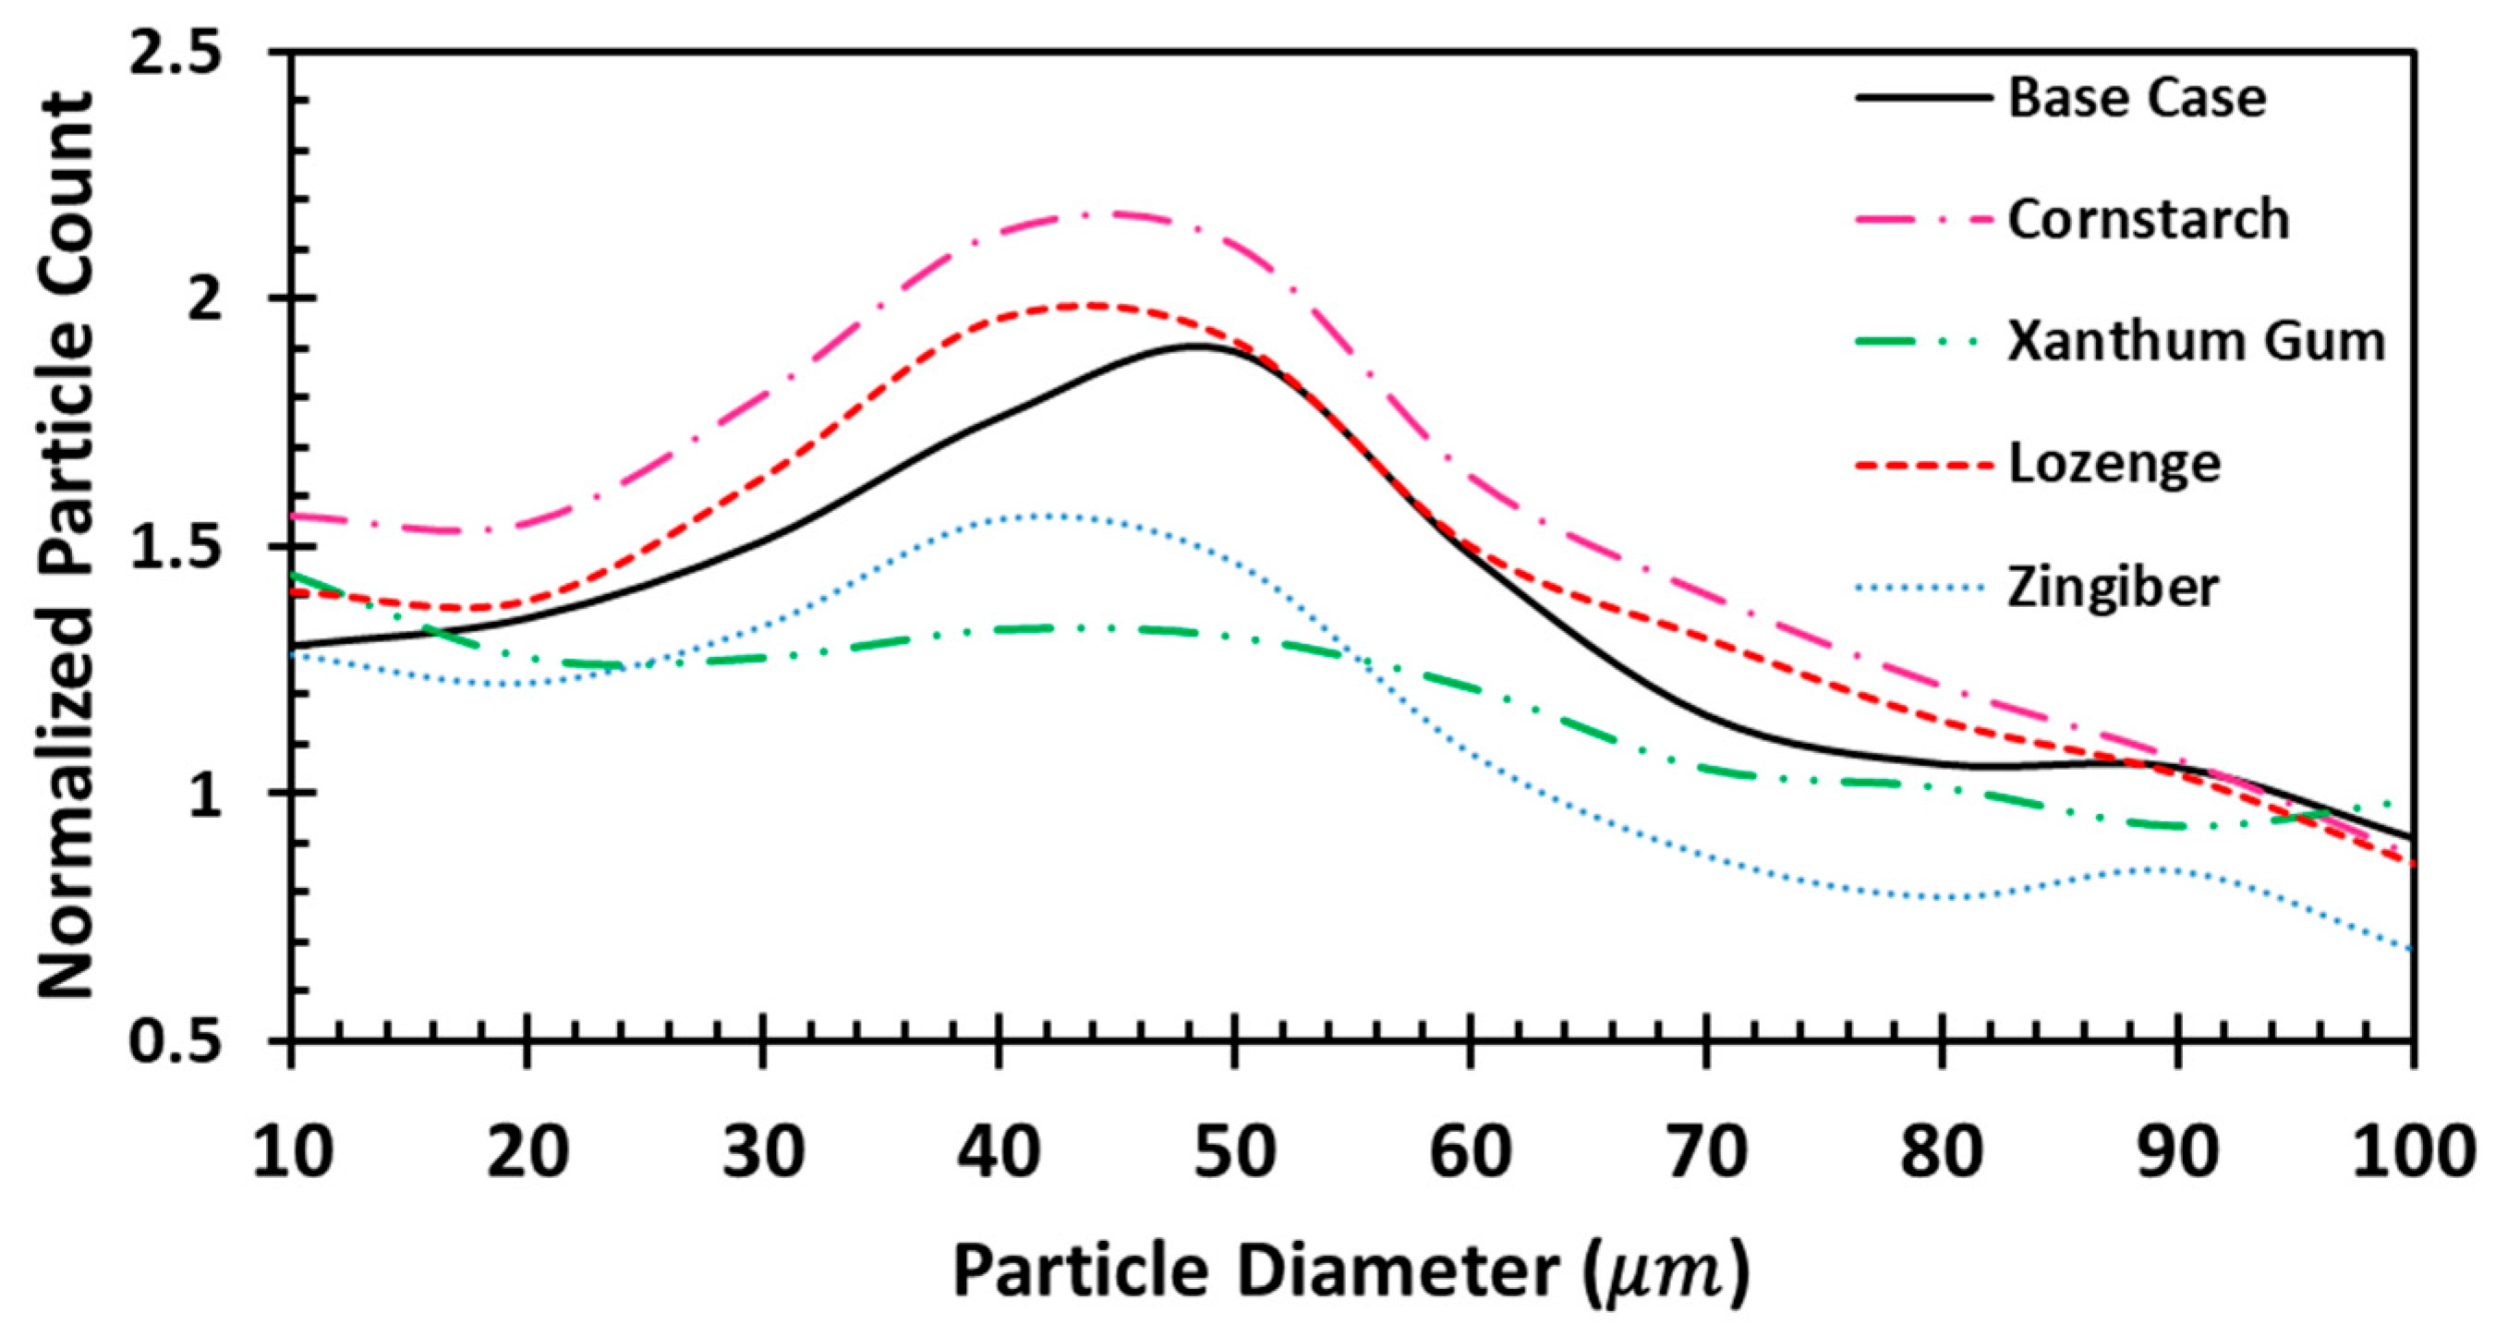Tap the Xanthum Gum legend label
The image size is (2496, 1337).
[2196, 341]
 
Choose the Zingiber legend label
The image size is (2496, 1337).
[2113, 587]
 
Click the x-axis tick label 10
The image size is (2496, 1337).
[292, 1153]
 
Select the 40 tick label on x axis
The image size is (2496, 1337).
[999, 1153]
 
